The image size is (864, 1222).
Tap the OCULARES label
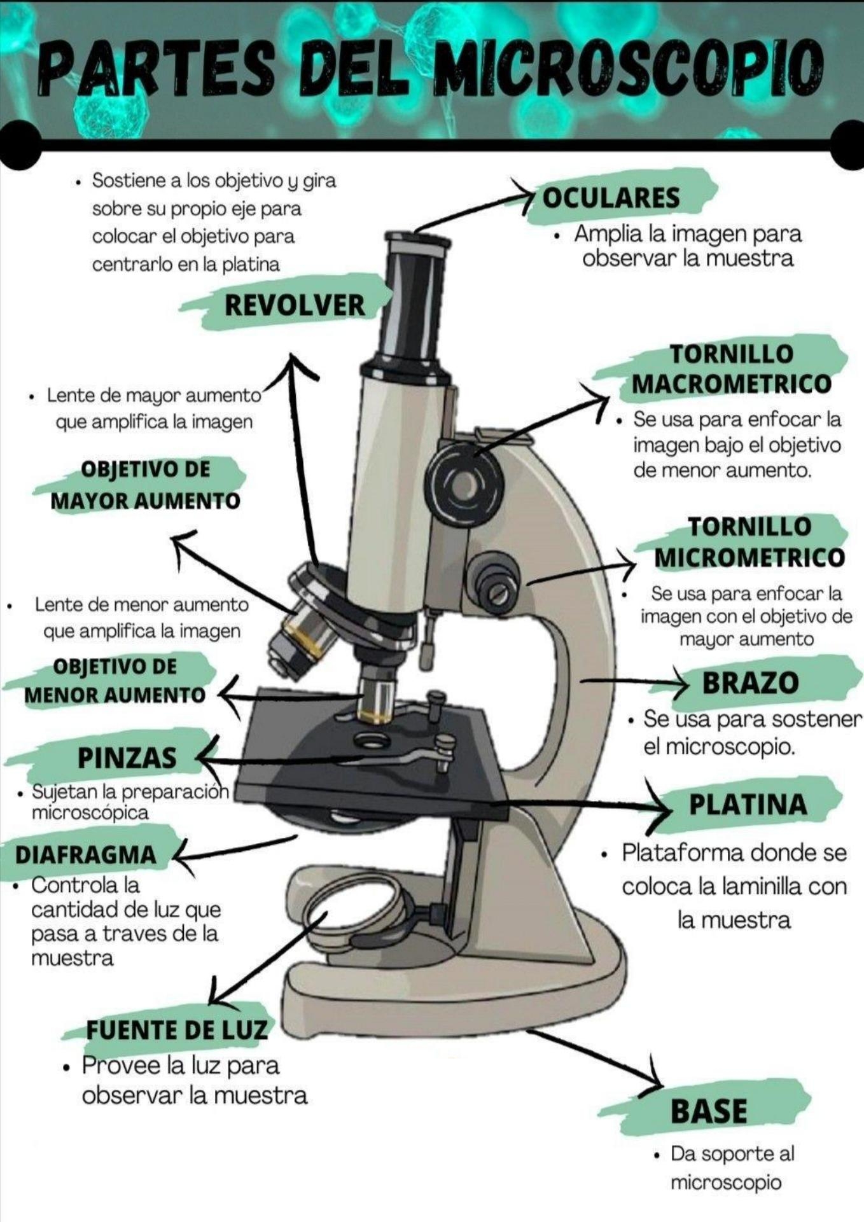point(611,198)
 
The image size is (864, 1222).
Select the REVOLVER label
point(295,305)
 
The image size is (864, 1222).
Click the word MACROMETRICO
point(732,384)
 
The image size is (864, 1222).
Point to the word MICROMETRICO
point(749,557)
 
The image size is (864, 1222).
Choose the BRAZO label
point(750,683)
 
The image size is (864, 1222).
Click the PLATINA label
point(748,804)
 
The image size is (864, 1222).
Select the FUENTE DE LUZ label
point(177,1029)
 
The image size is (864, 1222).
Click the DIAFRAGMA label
point(85,854)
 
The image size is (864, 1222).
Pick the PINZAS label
point(127,758)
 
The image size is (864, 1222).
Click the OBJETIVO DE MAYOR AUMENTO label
point(145,485)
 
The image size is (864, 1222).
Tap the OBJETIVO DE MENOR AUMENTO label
point(115,681)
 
